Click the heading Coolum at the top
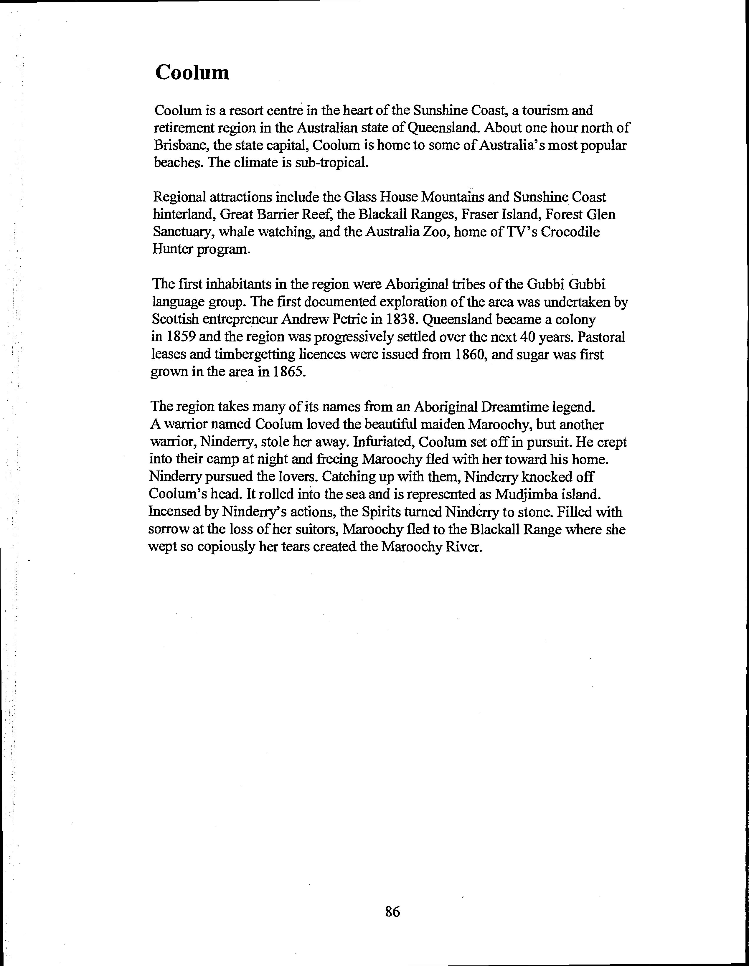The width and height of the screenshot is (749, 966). [x=192, y=72]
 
